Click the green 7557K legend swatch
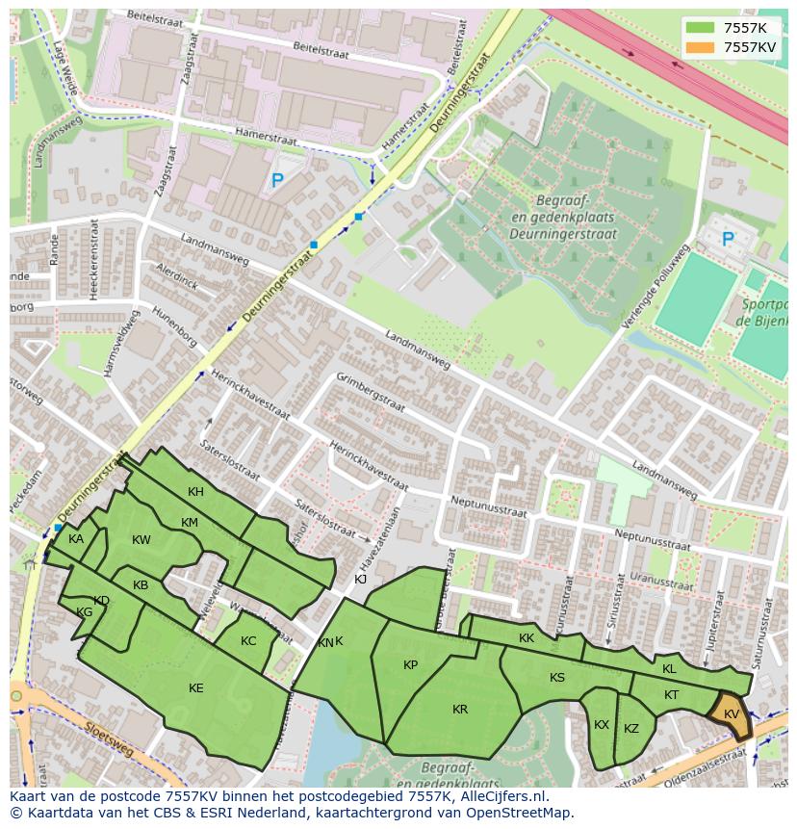coord(700,28)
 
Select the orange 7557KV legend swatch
coord(700,47)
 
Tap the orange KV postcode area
coord(731,714)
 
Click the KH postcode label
coord(195,492)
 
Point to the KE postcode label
coord(196,688)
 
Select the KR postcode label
coord(460,710)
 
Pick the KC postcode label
coord(248,641)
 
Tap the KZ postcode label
coord(631,729)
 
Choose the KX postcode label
coord(602,725)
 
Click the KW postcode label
coord(141,540)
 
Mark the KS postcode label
coord(557,678)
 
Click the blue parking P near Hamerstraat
coord(277,180)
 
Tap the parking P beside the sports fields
coord(728,239)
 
